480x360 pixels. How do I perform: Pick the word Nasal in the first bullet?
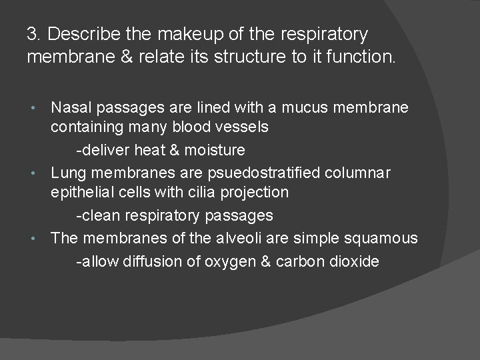[71, 107]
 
